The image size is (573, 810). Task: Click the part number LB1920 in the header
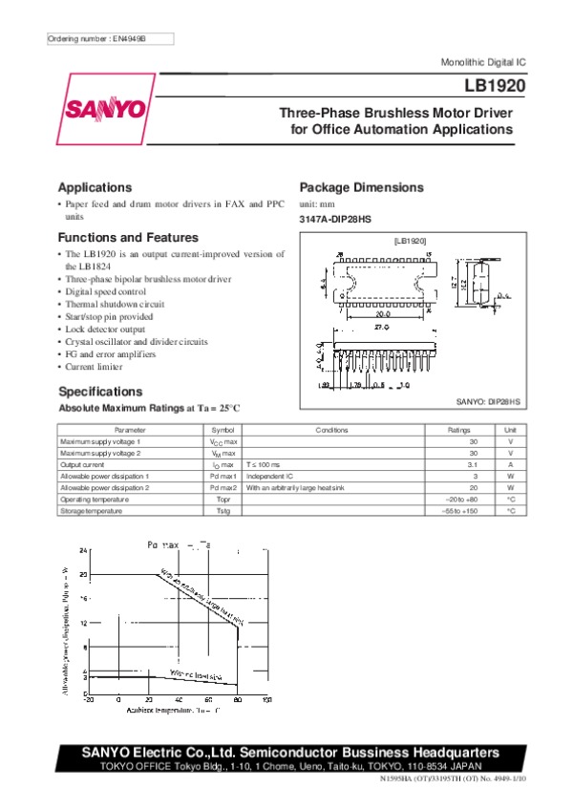487,85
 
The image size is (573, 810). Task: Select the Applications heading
95,187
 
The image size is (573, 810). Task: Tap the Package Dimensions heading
361,187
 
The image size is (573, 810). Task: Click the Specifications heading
100,392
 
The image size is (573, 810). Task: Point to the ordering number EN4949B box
110,39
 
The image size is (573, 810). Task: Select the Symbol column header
223,431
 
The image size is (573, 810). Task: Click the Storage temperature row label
92,511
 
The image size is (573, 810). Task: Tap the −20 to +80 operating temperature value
461,500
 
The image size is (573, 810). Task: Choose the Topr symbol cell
223,500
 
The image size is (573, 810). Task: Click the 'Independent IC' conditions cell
270,477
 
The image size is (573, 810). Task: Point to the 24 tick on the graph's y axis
83,551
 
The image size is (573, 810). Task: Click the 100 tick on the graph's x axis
266,700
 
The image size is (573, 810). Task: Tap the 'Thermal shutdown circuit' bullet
115,304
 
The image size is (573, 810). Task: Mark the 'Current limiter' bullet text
98,366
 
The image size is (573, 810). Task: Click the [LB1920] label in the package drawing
410,243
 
